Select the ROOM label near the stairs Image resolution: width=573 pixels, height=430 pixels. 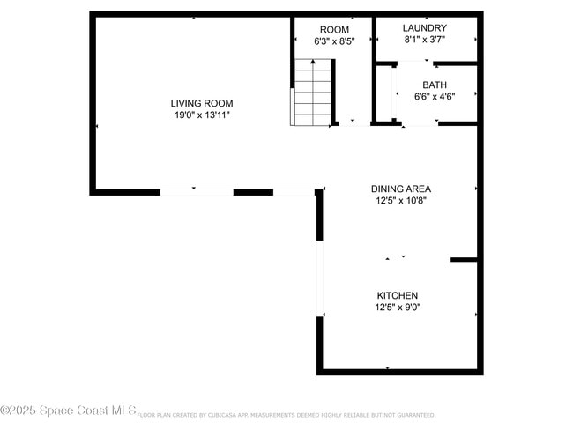[333, 29]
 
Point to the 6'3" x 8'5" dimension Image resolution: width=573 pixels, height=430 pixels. [333, 41]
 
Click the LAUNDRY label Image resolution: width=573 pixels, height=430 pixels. [424, 28]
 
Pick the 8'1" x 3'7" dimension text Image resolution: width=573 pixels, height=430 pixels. [424, 40]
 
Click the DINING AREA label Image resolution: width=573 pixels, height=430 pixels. [400, 189]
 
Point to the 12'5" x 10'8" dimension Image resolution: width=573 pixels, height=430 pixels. [400, 200]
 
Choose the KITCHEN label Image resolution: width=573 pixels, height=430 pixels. [398, 295]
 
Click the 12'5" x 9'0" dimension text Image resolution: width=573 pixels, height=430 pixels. [398, 308]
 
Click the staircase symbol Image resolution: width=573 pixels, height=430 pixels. [314, 93]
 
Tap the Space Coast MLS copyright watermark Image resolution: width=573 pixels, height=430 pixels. [68, 411]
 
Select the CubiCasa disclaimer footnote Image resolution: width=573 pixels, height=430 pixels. [286, 414]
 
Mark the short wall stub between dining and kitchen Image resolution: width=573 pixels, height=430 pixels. [464, 260]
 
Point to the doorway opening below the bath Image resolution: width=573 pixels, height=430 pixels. [420, 124]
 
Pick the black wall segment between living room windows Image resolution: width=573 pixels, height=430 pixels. [253, 191]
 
